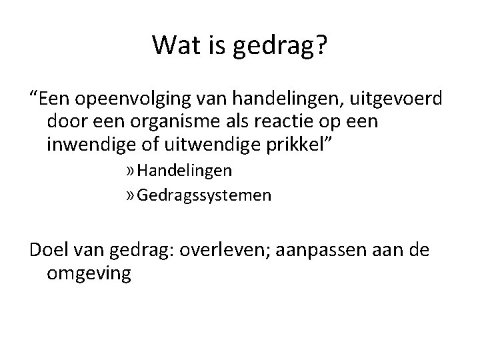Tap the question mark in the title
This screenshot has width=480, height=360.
(321, 45)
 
